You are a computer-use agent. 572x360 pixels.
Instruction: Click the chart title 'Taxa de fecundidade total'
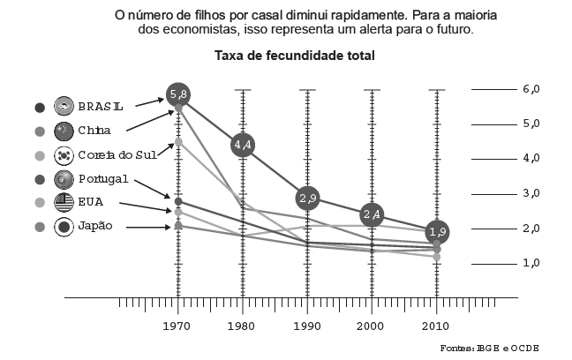tap(295, 56)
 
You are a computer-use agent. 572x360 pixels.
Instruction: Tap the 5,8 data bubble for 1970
tap(178, 94)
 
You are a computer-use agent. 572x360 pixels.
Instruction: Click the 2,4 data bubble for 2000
tap(372, 214)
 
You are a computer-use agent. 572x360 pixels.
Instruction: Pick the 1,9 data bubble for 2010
tap(436, 231)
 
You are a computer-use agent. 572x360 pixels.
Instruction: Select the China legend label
tap(94, 131)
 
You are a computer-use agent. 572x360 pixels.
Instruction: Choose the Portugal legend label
tap(103, 179)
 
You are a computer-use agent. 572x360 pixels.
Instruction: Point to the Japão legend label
tap(95, 227)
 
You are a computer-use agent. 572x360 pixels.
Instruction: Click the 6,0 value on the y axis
tap(531, 89)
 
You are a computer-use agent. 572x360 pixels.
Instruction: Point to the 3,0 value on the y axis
tap(531, 193)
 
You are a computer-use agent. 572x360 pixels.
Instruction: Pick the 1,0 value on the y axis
tap(531, 263)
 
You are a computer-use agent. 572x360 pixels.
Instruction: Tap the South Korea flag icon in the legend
tap(64, 155)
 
